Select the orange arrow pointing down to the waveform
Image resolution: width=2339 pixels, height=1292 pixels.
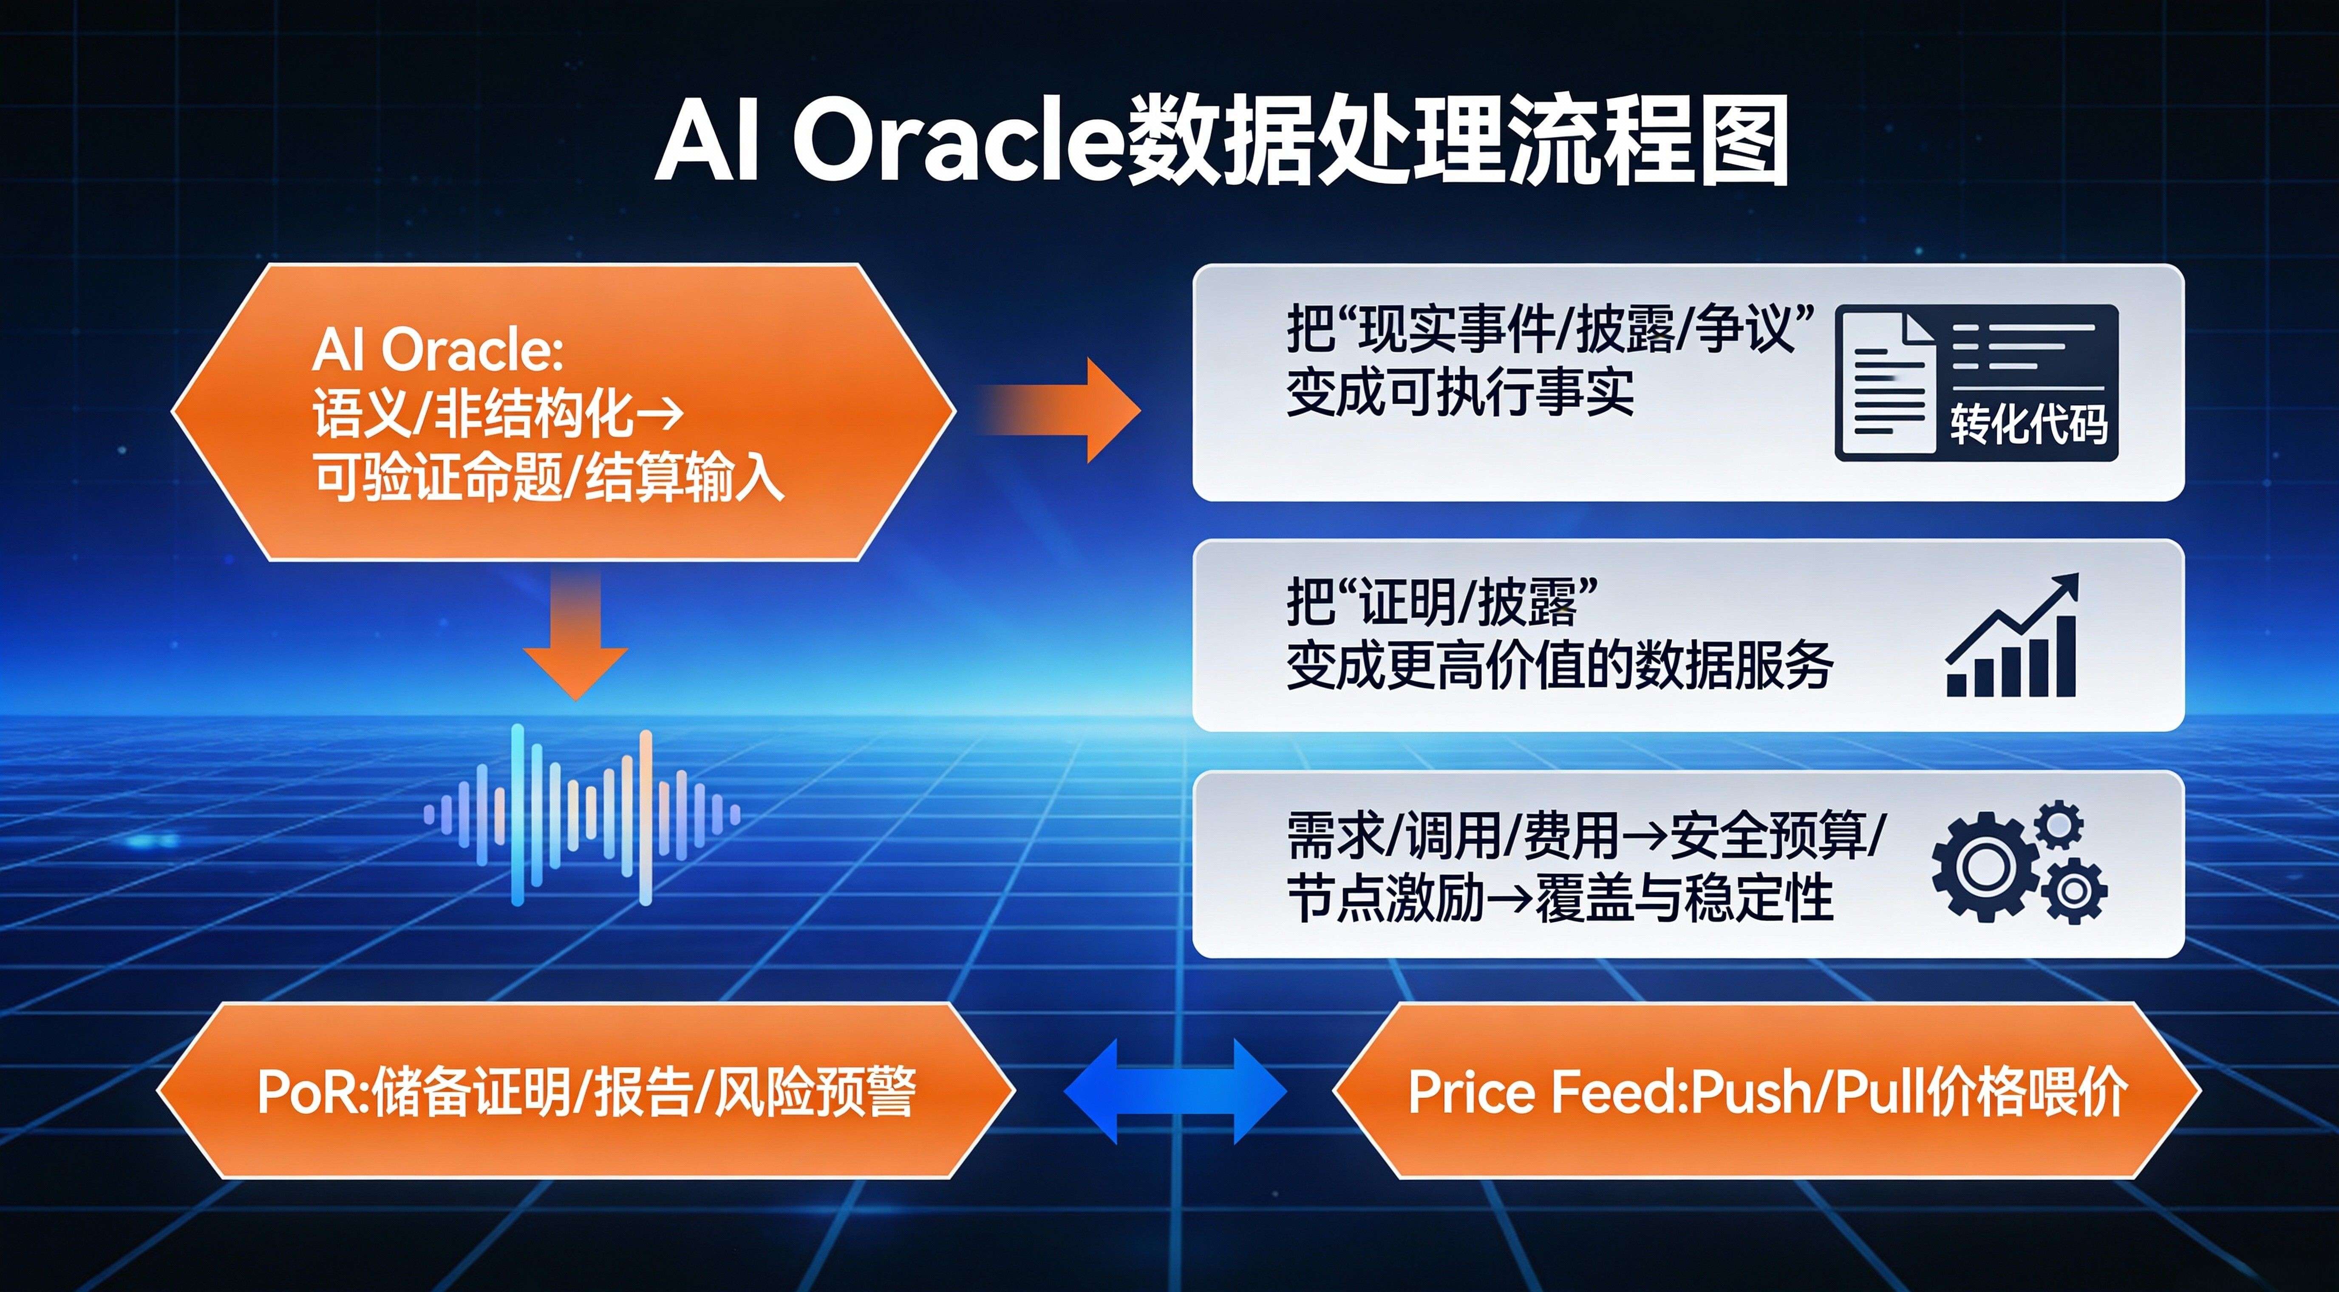(575, 635)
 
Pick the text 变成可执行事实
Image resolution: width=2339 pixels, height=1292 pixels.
(1459, 392)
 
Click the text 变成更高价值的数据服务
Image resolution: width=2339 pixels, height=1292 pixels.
(1559, 666)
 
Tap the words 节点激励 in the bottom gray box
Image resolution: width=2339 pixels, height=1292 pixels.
(1385, 899)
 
